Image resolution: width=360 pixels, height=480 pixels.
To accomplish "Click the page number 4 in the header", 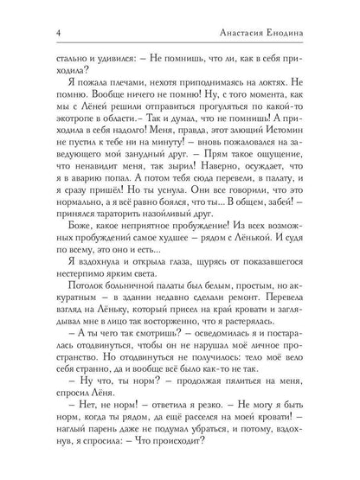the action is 35,33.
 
